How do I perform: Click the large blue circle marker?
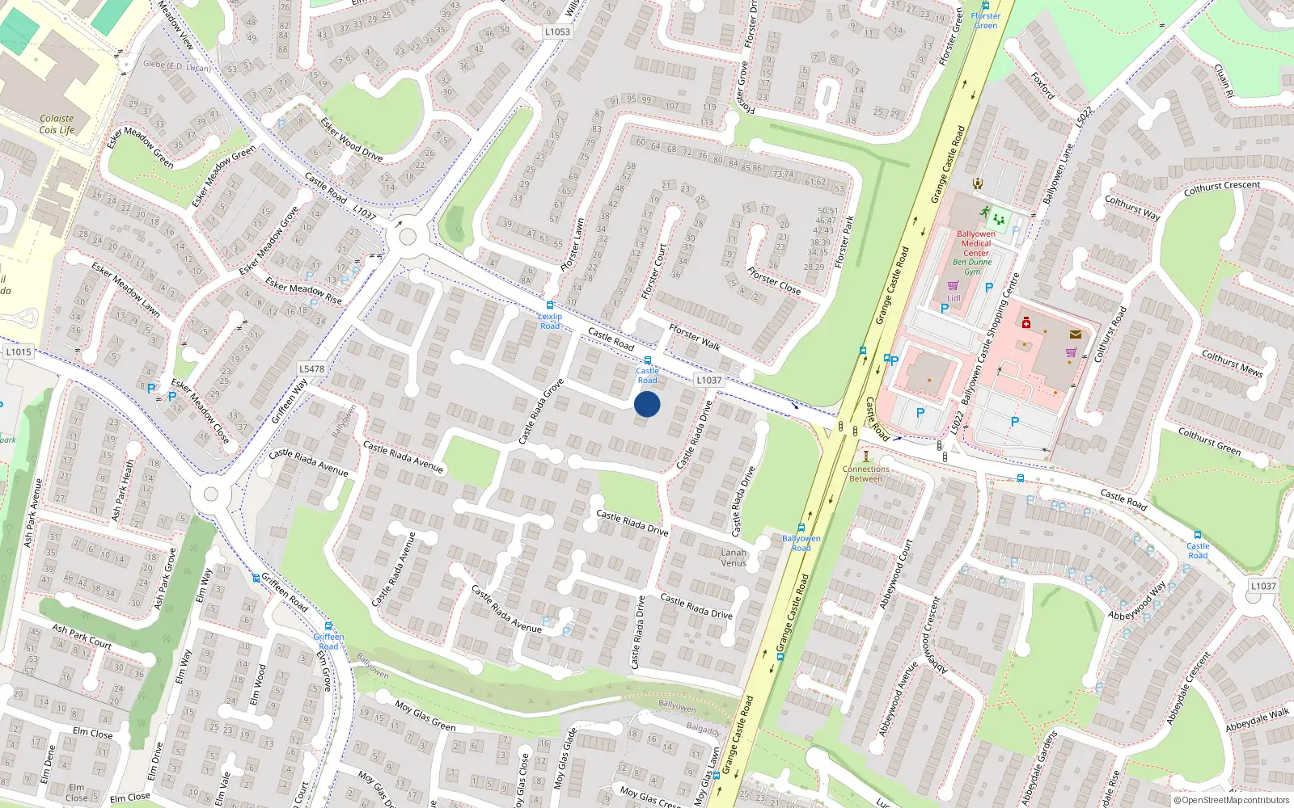coord(647,404)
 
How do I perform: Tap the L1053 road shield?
coord(557,32)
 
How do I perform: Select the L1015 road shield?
coord(19,352)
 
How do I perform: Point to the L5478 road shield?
coord(311,369)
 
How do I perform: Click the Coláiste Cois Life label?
coord(57,124)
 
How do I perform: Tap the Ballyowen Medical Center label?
coord(976,243)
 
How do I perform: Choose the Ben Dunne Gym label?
coord(972,267)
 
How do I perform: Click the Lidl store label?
coord(954,298)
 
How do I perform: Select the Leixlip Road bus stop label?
coord(550,321)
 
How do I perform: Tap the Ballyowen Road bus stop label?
coord(801,543)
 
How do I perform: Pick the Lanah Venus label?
coord(734,558)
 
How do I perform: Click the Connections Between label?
coord(865,473)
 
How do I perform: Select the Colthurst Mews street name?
coord(1232,363)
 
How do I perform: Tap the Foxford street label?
coord(1042,85)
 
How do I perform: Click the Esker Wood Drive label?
coord(352,139)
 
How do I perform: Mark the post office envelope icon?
coord(1075,335)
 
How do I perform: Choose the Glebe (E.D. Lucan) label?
coord(176,65)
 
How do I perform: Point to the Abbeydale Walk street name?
coord(1257,719)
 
